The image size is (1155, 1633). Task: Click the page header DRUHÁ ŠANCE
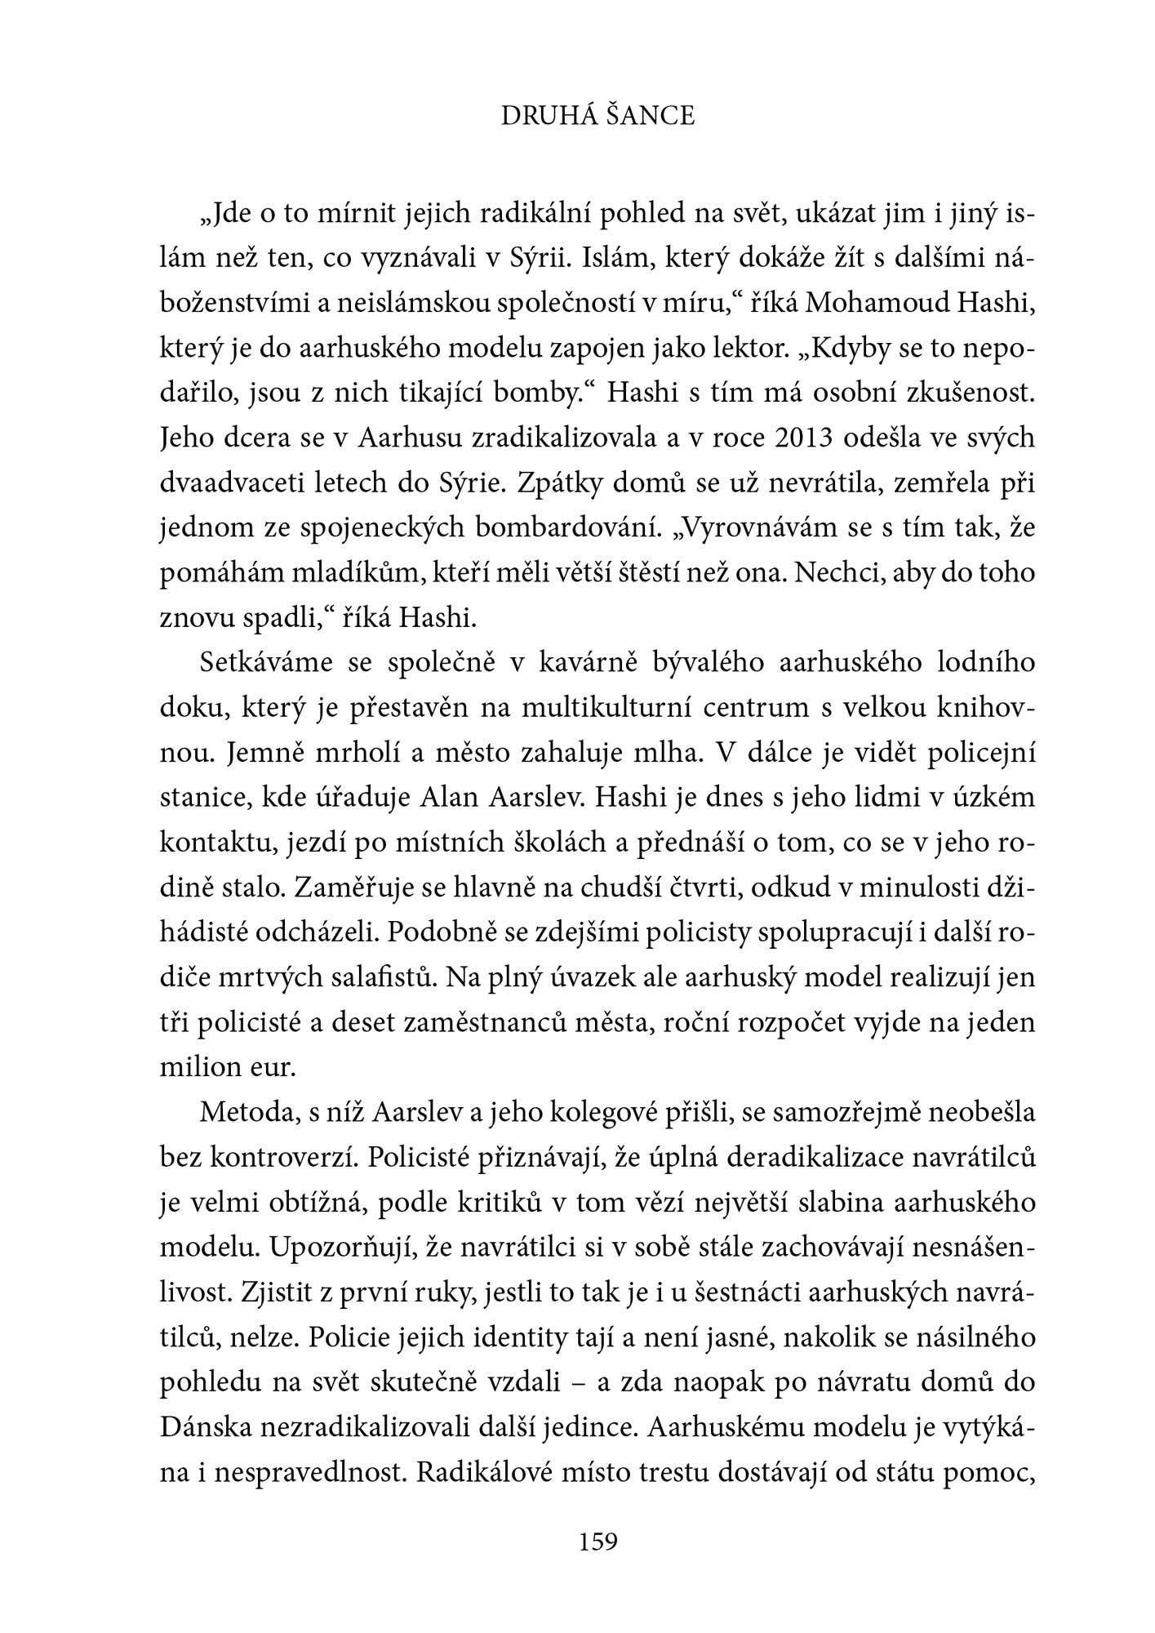597,117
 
